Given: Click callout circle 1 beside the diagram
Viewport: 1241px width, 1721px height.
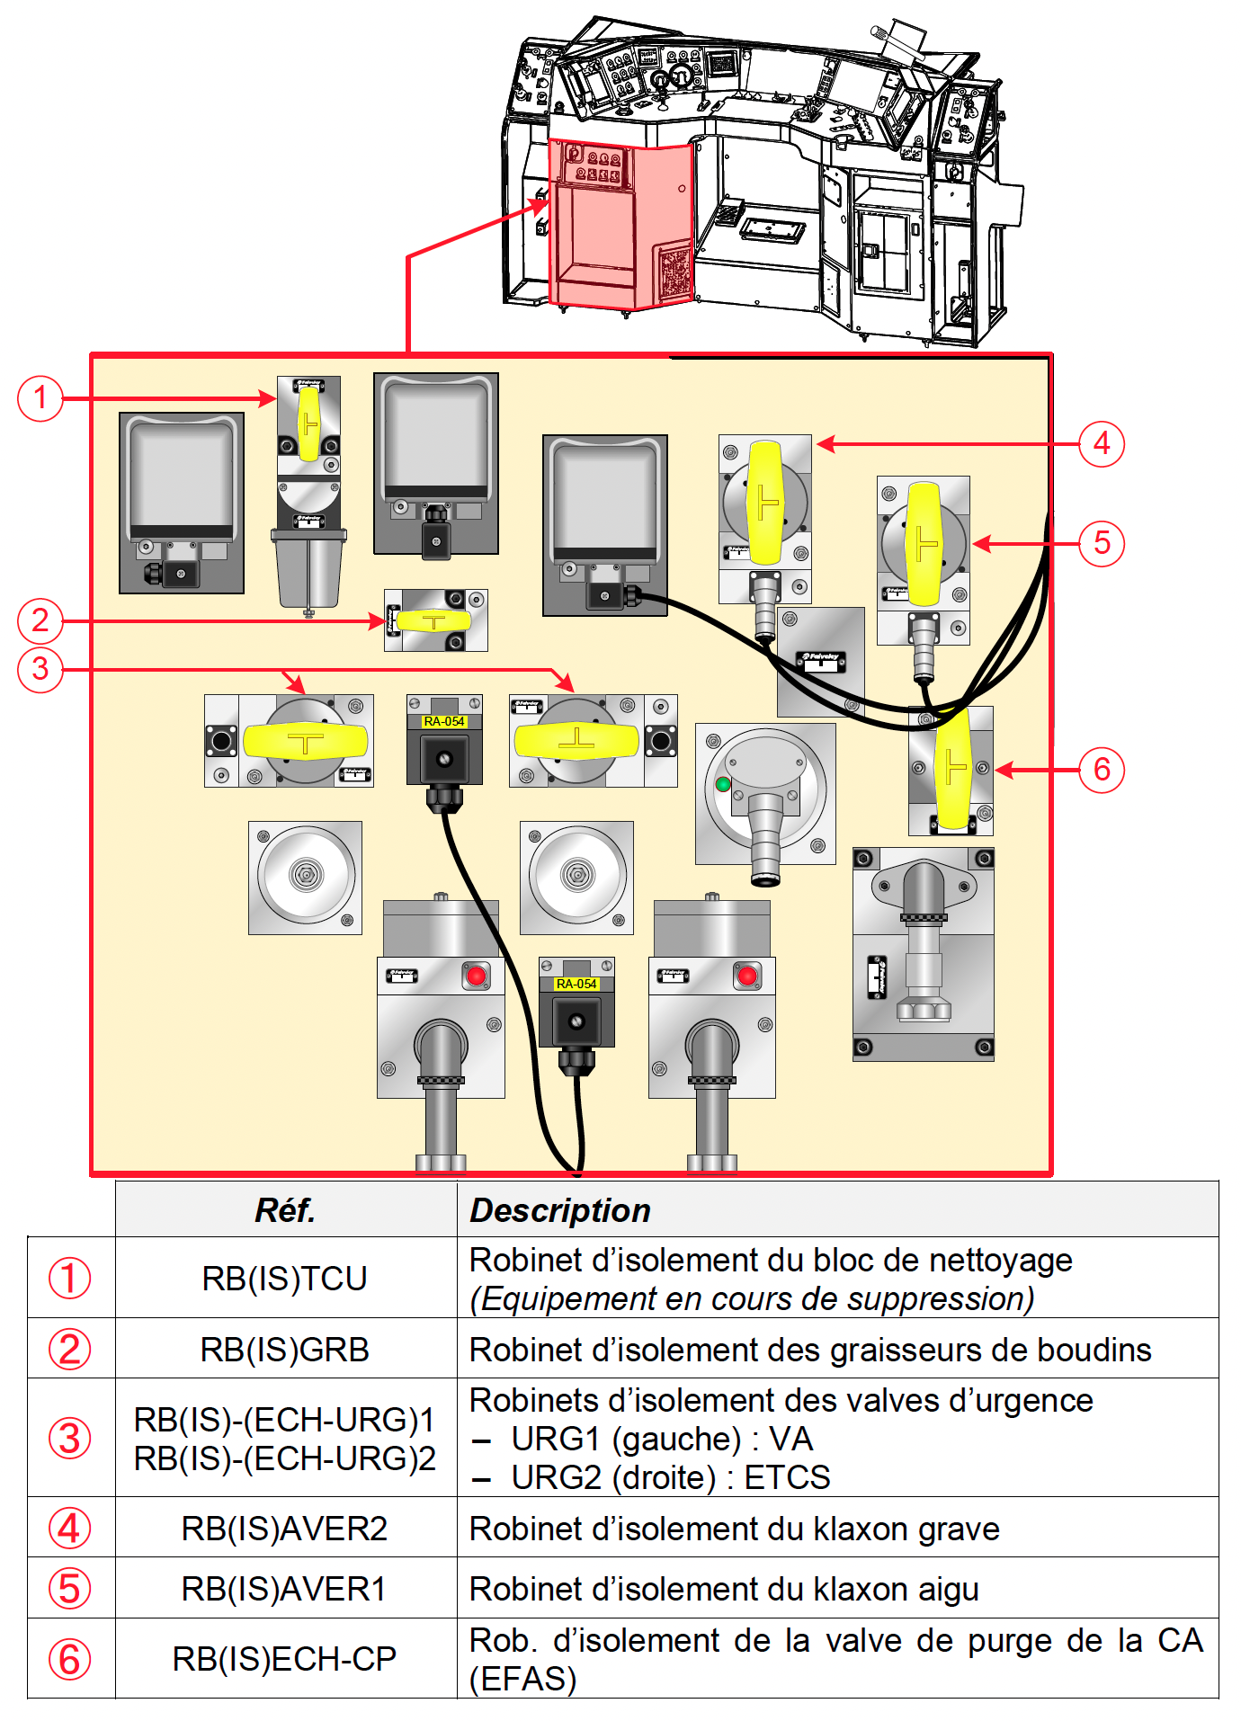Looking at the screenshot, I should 40,397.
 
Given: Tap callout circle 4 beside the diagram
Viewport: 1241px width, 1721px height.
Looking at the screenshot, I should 1102,444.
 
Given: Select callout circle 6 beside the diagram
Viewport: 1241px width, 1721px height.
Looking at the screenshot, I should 1102,770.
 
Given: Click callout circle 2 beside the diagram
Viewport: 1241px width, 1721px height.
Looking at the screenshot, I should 40,620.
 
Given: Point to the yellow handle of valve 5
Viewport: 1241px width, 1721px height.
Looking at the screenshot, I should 924,543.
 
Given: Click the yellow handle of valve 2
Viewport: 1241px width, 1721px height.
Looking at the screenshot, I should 433,620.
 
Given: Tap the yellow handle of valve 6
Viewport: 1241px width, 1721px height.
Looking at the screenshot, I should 952,770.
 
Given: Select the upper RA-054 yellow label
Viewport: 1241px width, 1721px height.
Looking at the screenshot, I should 444,721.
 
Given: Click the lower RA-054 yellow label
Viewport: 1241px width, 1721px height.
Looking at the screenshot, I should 576,984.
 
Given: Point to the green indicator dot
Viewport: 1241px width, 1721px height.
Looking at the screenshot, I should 723,784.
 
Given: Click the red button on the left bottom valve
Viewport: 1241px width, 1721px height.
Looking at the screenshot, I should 476,976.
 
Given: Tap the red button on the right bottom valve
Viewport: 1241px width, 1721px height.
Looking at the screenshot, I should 747,976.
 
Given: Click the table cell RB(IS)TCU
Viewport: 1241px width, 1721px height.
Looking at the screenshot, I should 285,1279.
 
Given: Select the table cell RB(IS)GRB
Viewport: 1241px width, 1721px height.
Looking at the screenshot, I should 285,1350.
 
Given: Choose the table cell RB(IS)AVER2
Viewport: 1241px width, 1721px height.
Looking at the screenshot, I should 285,1529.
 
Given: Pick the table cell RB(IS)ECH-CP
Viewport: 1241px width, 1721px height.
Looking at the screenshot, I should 285,1659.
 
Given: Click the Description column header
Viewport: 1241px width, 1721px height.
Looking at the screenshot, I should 560,1210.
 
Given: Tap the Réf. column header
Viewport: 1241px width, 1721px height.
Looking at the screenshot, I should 285,1210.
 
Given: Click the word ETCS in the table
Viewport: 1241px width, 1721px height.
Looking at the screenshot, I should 788,1477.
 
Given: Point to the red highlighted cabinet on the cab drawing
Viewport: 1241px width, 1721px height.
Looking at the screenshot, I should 620,225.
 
